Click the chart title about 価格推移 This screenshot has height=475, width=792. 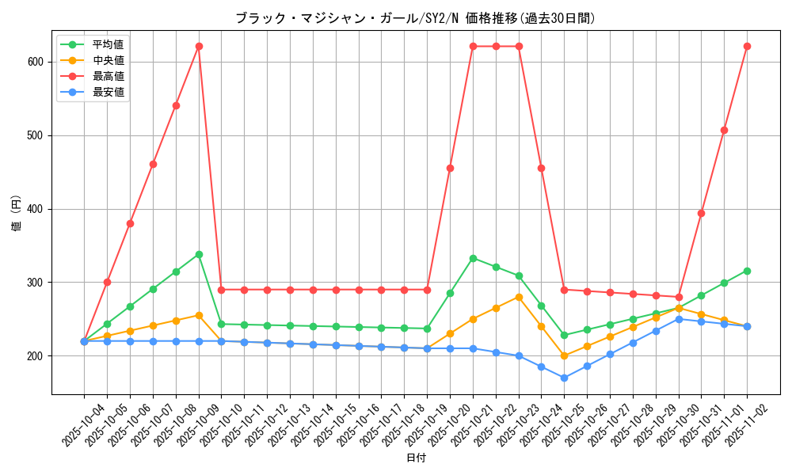click(x=415, y=18)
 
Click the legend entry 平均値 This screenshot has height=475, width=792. click(x=108, y=44)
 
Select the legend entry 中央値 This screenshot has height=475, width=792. click(x=108, y=60)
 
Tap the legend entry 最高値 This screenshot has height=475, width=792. click(x=108, y=76)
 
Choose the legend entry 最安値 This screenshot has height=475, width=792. click(x=108, y=92)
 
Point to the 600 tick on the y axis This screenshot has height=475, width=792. click(x=37, y=62)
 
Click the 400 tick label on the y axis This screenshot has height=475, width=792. click(x=37, y=209)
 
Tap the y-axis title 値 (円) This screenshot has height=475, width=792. click(x=17, y=214)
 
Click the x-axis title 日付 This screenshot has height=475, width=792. click(x=416, y=458)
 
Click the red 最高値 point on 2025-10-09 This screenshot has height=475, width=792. click(x=199, y=46)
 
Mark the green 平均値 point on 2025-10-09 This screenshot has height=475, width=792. click(x=199, y=254)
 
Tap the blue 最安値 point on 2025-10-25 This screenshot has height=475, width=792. click(x=564, y=378)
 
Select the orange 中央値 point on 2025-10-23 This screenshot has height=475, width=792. click(x=519, y=297)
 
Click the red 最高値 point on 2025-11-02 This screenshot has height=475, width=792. click(x=747, y=46)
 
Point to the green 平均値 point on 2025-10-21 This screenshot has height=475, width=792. click(x=473, y=258)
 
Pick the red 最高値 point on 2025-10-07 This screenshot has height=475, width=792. click(x=153, y=164)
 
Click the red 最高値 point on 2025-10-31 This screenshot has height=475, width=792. click(x=701, y=213)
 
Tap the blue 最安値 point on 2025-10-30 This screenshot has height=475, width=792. click(x=679, y=319)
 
